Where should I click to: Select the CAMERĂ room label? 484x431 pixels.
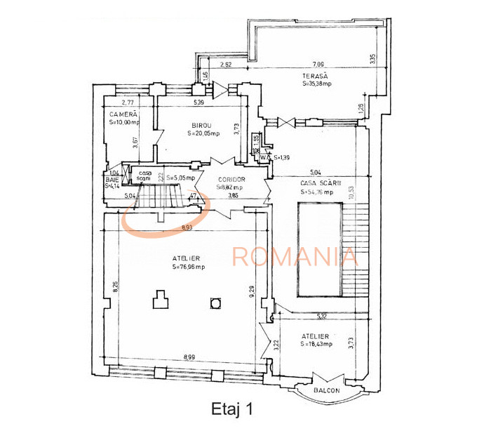(123, 114)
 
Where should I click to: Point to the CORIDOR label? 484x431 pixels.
(230, 179)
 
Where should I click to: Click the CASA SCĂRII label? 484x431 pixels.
(320, 183)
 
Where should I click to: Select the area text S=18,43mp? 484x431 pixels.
(316, 344)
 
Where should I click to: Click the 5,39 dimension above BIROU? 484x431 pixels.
(199, 103)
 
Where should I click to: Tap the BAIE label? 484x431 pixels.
(111, 179)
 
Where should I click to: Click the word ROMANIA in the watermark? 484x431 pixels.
(295, 256)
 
